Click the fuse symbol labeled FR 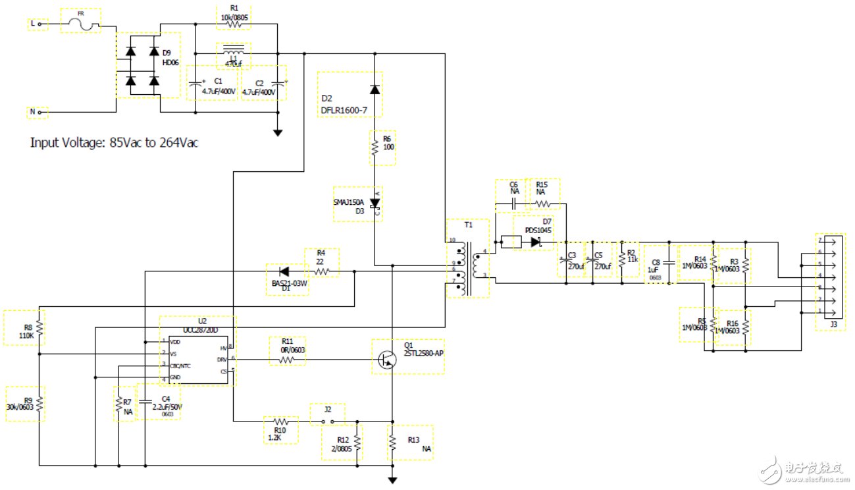pos(81,25)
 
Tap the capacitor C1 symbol pos(196,84)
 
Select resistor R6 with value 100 pos(374,150)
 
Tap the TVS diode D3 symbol pos(375,204)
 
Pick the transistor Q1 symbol pos(388,359)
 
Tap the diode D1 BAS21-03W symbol pos(284,271)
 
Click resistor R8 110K pos(39,327)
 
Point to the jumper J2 pos(327,420)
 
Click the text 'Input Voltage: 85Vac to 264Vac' pos(113,142)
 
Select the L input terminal pos(39,24)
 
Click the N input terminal pos(39,113)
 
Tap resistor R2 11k pos(622,258)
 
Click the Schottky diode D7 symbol pos(536,242)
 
